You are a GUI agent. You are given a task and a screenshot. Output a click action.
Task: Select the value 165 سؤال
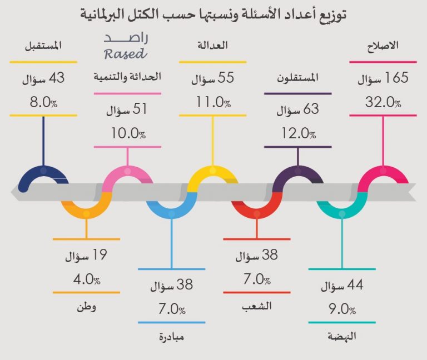point(383,79)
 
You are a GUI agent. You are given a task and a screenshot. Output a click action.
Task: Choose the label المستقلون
point(297,78)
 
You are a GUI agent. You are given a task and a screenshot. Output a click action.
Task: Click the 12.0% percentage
point(297,133)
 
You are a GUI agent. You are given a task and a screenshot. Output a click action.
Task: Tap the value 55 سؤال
point(212,79)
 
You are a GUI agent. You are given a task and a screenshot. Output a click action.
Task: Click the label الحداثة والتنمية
point(127,78)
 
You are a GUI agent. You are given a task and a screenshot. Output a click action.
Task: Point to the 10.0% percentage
point(127,133)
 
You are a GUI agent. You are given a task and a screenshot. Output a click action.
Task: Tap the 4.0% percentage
point(86,279)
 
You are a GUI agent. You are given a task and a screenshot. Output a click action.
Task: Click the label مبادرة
point(171,337)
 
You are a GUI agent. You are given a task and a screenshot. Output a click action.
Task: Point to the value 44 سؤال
point(342,287)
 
